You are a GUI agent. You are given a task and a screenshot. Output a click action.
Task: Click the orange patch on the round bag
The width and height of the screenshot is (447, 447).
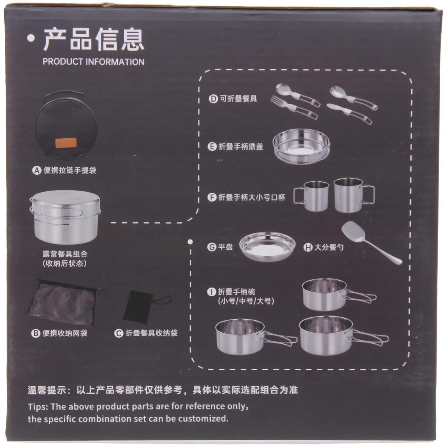[66, 143]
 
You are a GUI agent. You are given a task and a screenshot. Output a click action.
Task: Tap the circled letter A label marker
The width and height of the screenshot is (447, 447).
[37, 170]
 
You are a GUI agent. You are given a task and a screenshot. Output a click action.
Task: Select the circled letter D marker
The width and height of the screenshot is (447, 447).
[213, 99]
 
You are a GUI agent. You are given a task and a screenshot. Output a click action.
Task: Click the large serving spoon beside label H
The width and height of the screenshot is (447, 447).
[370, 242]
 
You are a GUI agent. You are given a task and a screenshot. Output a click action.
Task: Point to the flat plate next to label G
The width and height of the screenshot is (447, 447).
[267, 246]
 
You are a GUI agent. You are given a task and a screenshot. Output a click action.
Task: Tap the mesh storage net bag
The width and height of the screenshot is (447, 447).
[65, 301]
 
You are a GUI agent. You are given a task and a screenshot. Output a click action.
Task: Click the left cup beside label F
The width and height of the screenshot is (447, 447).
[312, 195]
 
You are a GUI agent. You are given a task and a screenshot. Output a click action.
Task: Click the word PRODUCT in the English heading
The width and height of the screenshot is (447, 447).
[63, 62]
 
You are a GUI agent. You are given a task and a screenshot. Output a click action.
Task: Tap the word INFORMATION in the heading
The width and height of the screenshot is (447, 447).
[115, 62]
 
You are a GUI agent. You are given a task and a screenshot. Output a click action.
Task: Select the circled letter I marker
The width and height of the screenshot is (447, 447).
[211, 292]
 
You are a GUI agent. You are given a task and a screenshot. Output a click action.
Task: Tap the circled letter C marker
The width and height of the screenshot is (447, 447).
[119, 333]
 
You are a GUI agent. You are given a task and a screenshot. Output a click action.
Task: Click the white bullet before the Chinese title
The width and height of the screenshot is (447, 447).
[31, 39]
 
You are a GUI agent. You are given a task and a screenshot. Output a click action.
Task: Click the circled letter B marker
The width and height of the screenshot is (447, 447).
[36, 333]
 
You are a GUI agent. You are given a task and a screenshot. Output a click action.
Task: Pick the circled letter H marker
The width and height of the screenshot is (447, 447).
[308, 247]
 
